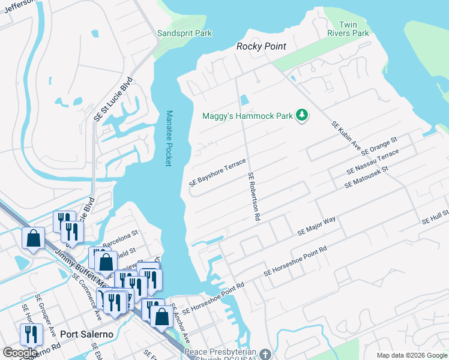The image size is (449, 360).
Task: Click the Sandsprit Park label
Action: (184, 34)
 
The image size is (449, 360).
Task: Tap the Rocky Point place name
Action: (261, 46)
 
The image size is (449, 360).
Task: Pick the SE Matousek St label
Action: (367, 178)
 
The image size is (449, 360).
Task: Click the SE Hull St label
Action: (435, 215)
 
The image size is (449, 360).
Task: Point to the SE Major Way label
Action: (316, 226)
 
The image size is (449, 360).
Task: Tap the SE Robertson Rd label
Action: (253, 197)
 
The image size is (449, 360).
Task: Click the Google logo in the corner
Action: (20, 353)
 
